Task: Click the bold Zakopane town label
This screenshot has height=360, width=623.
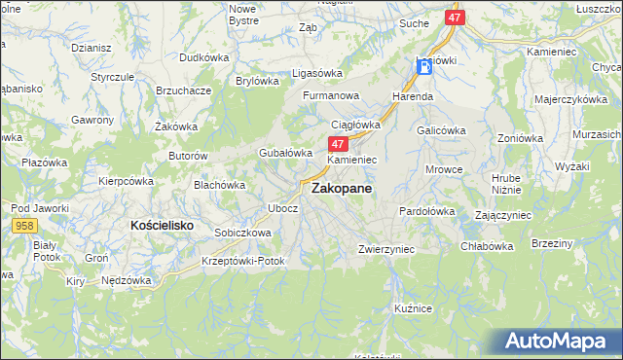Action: click(x=341, y=191)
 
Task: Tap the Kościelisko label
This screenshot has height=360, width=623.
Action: click(x=162, y=225)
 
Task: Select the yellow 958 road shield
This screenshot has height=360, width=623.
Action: click(x=26, y=225)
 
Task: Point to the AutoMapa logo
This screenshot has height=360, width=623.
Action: click(x=560, y=342)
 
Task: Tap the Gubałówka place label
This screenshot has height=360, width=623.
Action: click(x=285, y=153)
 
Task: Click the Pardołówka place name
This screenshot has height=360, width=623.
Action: click(x=427, y=211)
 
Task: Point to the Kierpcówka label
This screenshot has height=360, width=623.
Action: click(x=126, y=181)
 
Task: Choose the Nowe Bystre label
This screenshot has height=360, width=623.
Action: click(x=242, y=14)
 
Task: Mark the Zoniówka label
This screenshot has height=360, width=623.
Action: click(x=519, y=138)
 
